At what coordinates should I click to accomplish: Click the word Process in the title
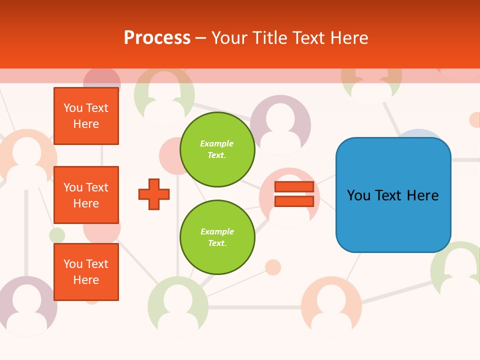click(x=157, y=38)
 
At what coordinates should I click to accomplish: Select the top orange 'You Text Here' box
click(x=86, y=116)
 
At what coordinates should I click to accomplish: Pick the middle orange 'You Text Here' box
click(x=86, y=195)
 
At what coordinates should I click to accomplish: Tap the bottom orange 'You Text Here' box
click(x=86, y=272)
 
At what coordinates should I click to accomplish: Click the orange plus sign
click(x=154, y=193)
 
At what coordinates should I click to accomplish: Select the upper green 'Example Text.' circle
click(x=217, y=149)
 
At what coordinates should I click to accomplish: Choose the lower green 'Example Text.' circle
click(x=217, y=237)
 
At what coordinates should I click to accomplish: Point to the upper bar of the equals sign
click(x=294, y=186)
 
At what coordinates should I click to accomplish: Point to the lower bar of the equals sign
click(x=294, y=201)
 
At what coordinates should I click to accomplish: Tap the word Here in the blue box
click(x=422, y=195)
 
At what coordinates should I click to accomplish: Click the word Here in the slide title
click(x=348, y=38)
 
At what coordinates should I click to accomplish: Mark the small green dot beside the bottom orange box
click(x=57, y=235)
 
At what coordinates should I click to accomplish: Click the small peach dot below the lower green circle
click(x=272, y=267)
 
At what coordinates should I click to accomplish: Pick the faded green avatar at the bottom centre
click(x=178, y=306)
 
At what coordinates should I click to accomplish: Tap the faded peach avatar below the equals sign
click(x=331, y=306)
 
